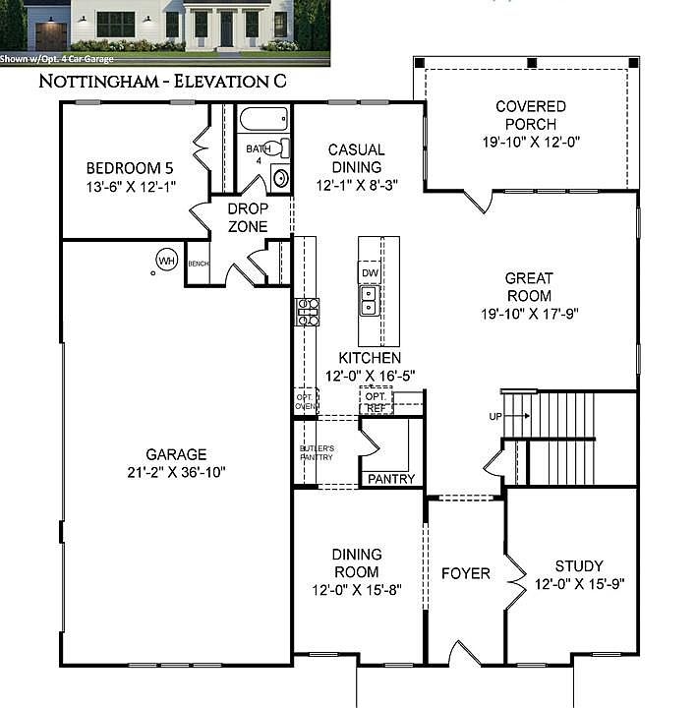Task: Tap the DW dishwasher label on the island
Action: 370,273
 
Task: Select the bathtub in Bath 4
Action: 263,122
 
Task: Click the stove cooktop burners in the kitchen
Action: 307,312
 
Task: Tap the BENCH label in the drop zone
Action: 199,264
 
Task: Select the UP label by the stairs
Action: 495,416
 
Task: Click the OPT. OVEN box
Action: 306,401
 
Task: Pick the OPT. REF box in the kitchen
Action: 376,401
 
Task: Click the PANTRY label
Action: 390,479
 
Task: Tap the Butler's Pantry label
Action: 317,452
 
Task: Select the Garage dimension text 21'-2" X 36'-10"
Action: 177,472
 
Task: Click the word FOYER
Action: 465,573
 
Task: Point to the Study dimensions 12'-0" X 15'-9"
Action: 579,583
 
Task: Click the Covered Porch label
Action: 530,115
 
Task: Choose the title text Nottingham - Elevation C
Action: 162,81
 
